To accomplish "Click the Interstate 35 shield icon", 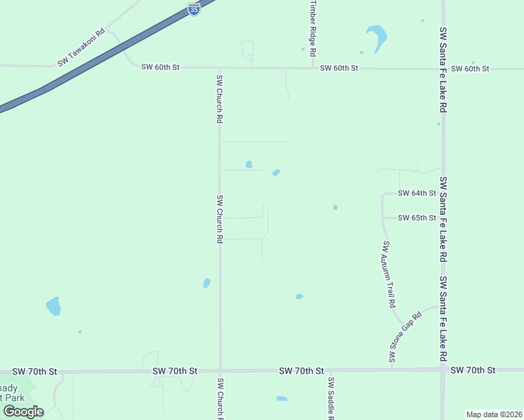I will click(194, 9).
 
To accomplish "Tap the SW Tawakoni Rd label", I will click(81, 47).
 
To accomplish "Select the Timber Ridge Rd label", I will click(313, 29).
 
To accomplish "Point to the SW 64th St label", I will click(417, 193).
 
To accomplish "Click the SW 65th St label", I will click(417, 218).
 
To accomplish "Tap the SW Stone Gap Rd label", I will click(406, 337).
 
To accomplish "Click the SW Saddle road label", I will click(331, 398).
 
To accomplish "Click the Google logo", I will click(23, 412).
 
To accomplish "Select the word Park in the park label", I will click(8, 398).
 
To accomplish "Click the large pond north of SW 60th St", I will click(378, 36).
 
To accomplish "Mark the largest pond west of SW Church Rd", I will click(53, 306).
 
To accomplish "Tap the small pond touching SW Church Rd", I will click(207, 283).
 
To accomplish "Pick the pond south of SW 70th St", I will click(282, 399).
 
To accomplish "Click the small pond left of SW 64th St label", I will click(335, 207).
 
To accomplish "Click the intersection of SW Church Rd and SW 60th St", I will click(220, 68).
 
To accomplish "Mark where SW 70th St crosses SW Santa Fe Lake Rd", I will click(443, 370).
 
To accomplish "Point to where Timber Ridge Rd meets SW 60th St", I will click(313, 68).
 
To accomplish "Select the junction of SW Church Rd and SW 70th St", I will click(220, 370).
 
